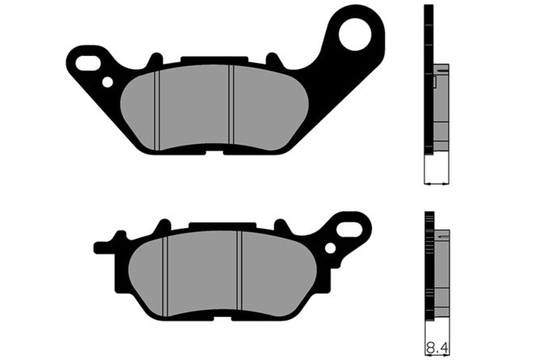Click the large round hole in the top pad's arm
[355, 35]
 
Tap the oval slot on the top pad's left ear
[87, 63]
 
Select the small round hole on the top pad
[108, 83]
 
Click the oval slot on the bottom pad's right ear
[350, 229]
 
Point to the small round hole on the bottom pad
[331, 248]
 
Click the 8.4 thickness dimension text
[437, 348]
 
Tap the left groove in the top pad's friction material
[158, 110]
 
